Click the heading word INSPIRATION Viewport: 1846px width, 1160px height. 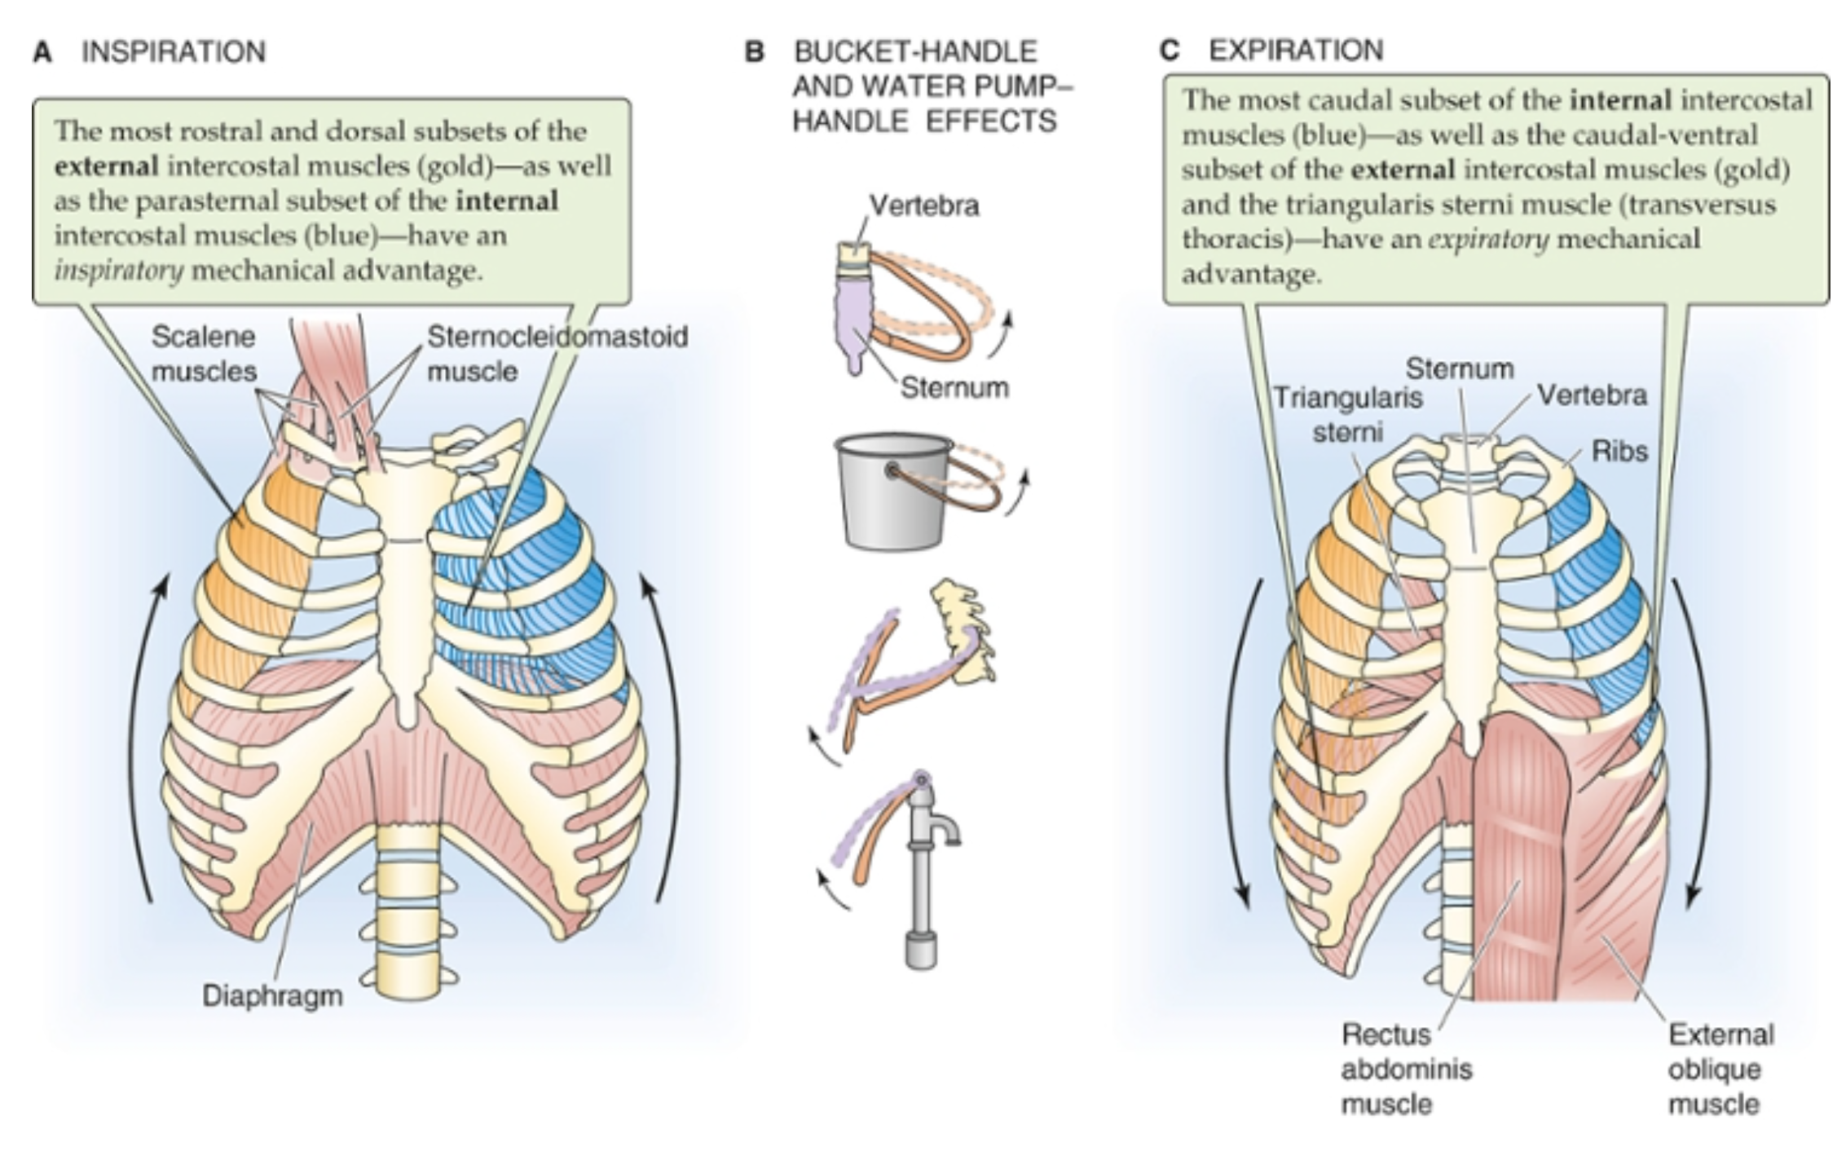173,51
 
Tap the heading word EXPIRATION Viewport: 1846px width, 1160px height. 1295,50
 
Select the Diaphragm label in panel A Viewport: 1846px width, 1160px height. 272,995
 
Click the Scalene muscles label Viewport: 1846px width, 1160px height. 204,354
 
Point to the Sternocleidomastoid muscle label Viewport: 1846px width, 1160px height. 557,353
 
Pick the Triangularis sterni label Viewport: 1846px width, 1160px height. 1347,414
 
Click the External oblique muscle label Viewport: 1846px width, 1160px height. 1720,1069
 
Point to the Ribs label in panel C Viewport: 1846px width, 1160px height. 1619,451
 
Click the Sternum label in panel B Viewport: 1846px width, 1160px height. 954,387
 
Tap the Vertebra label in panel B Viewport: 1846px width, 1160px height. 923,205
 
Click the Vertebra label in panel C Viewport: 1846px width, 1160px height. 1592,395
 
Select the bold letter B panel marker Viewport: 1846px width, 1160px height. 755,52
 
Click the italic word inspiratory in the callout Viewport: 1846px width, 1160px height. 118,270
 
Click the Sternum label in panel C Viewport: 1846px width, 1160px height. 1459,368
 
